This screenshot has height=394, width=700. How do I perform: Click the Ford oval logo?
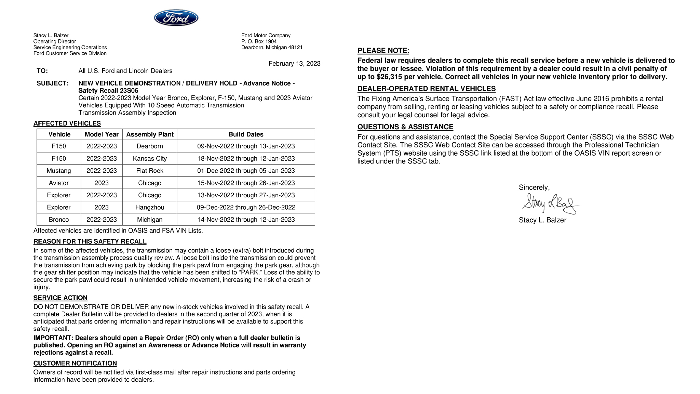click(176, 18)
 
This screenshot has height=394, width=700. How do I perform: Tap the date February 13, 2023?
click(294, 64)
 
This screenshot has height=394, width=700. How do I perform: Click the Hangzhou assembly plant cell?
click(150, 207)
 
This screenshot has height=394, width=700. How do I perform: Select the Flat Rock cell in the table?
click(150, 171)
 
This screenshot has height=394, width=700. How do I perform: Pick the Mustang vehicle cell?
click(59, 171)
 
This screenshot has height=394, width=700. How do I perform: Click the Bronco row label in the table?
click(59, 220)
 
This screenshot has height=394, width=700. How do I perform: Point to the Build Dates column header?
click(246, 134)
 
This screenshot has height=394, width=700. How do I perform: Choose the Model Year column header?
click(102, 134)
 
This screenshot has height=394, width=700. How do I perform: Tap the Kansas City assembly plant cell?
click(150, 158)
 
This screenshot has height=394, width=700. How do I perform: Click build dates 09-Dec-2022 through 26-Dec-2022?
click(246, 207)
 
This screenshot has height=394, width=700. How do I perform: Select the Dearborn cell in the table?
click(150, 146)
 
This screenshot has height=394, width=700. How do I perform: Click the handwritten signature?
click(550, 204)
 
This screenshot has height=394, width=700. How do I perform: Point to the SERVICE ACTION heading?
click(60, 298)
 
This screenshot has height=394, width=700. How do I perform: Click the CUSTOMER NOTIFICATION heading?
click(75, 363)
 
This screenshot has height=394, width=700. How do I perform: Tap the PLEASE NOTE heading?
click(383, 51)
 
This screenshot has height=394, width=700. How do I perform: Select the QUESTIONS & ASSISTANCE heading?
click(405, 127)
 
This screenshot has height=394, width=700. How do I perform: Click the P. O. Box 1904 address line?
click(259, 41)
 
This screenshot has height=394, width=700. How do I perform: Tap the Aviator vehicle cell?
click(59, 183)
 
